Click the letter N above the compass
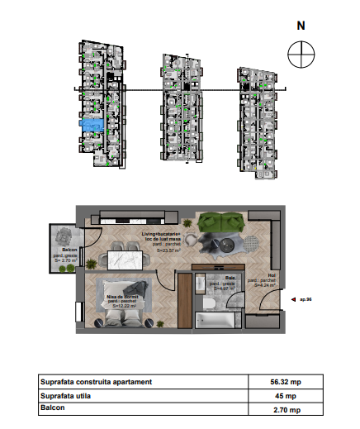[x=301, y=25]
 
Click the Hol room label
[x=270, y=279]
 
